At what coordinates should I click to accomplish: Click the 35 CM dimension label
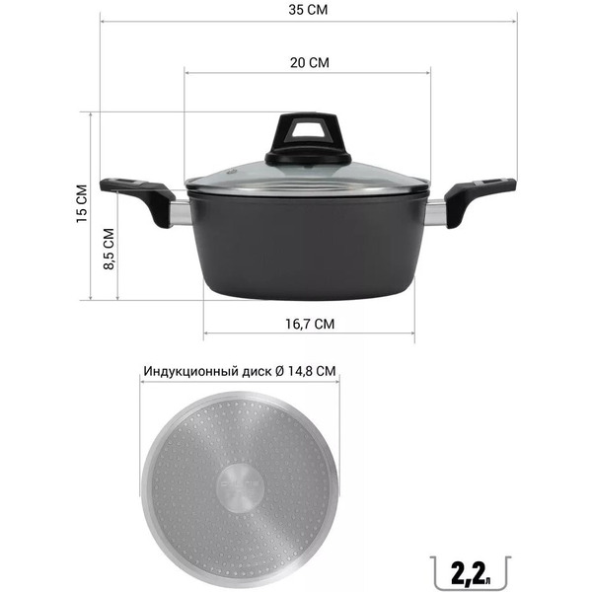coord(306,12)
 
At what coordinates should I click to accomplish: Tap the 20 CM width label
coord(309,62)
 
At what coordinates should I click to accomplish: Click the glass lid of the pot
coord(309,178)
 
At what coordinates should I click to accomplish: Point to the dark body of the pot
coord(309,252)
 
